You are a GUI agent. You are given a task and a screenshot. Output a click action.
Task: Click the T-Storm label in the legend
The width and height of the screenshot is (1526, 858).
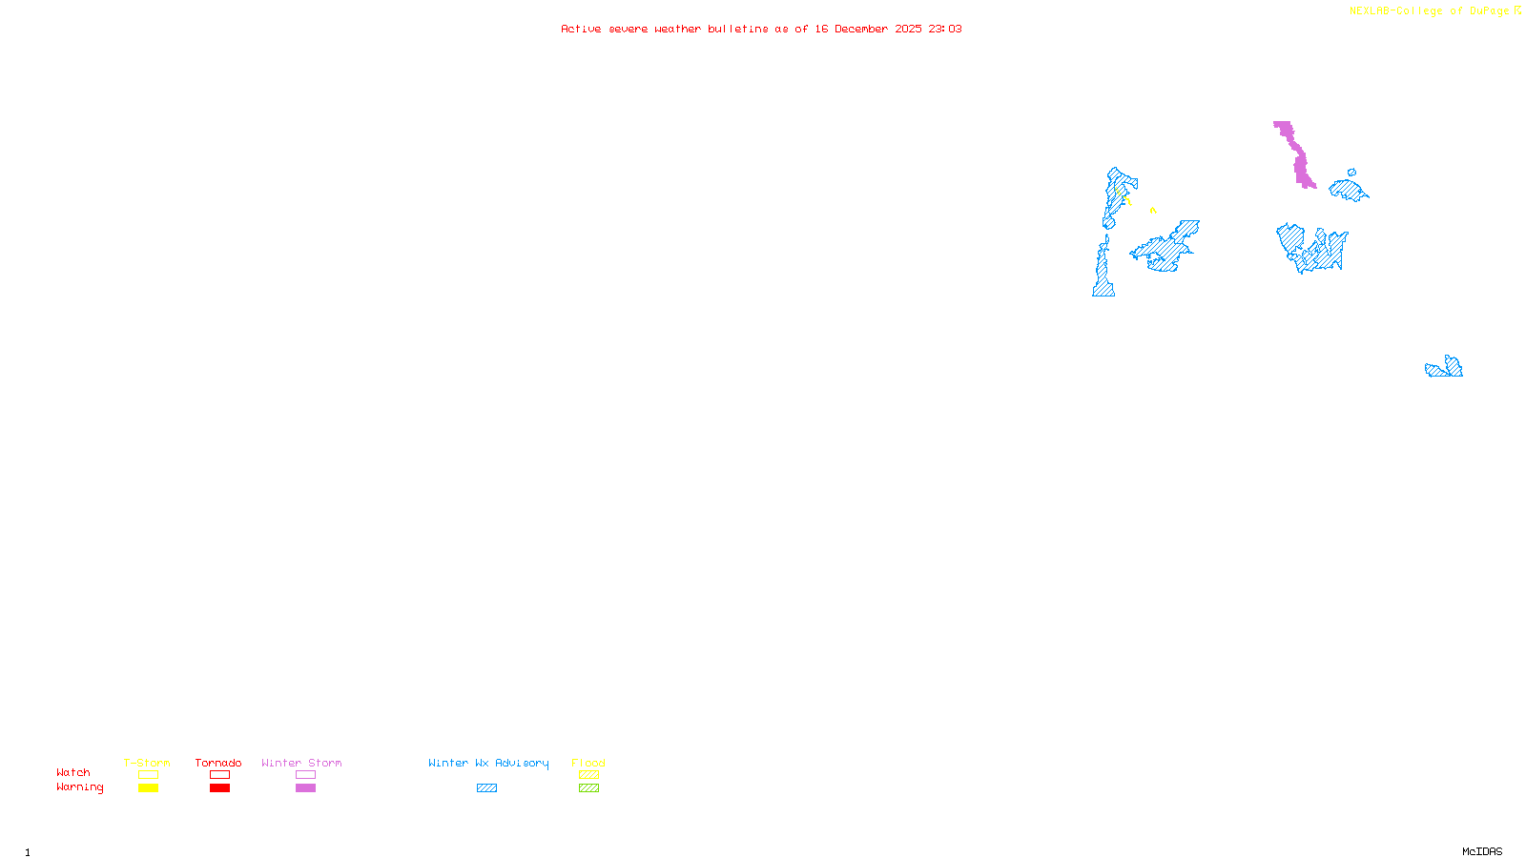(147, 763)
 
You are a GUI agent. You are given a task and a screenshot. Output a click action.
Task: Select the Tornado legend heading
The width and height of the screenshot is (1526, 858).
(218, 763)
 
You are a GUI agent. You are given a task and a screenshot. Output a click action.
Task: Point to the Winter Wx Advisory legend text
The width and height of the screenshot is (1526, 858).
(488, 763)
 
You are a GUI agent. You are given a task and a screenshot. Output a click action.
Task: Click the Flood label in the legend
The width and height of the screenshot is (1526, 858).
(588, 763)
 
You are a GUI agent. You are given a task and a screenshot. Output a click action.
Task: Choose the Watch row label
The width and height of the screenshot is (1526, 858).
(73, 772)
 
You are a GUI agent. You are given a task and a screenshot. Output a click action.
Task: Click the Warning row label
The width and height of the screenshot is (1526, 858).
(80, 787)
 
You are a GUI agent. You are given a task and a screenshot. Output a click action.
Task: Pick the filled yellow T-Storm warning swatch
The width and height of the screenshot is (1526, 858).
(148, 788)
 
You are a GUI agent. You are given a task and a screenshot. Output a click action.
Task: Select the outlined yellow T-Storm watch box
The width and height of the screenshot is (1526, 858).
(148, 775)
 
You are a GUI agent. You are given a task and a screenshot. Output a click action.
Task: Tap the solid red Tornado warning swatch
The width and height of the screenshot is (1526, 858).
(220, 788)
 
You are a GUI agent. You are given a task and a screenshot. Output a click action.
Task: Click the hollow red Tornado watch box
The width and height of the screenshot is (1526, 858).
(220, 775)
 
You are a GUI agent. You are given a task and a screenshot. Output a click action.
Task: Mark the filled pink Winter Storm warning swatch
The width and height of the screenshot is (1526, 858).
(305, 788)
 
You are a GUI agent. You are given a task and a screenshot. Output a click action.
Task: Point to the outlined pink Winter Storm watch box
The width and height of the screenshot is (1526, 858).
(305, 775)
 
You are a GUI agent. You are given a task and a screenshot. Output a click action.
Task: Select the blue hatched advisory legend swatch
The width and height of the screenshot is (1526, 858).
(486, 788)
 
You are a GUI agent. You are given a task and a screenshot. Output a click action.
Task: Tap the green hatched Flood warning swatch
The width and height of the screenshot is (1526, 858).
(588, 788)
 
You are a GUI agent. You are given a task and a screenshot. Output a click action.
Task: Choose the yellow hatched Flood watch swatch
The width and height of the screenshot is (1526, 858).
(588, 775)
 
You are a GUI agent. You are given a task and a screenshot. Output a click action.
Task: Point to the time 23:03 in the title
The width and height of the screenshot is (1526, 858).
(945, 29)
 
